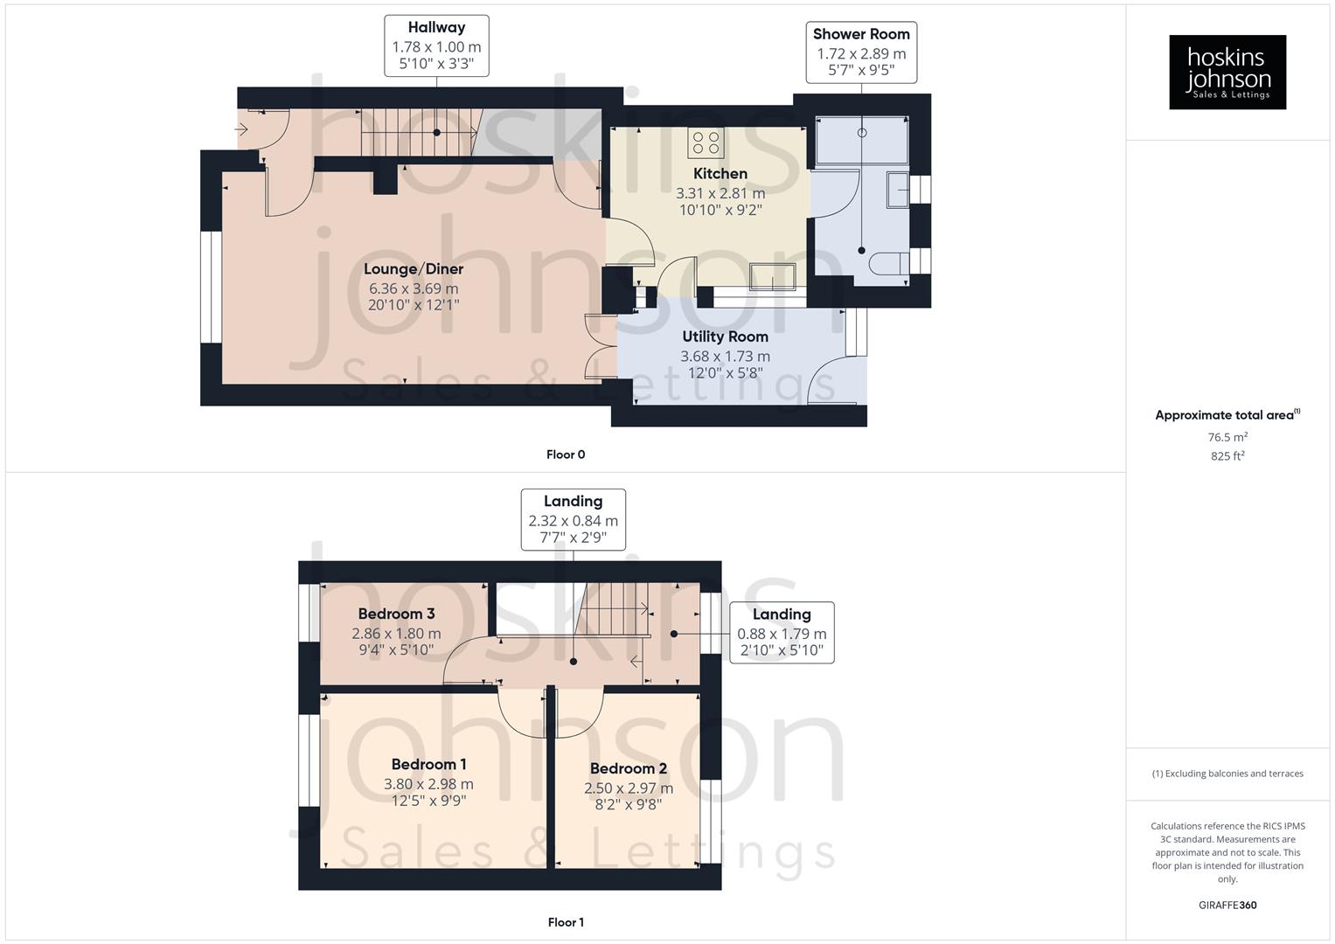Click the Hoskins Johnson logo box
pos(1227,72)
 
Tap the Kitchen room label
pos(720,174)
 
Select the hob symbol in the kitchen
pos(706,142)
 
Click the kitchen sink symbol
pos(773,275)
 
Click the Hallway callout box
pos(436,45)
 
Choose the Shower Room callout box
pos(861,52)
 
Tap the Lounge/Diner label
pos(414,269)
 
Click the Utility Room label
pos(726,337)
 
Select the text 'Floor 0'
pos(566,455)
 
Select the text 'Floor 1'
pos(566,922)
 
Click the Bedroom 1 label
pos(428,765)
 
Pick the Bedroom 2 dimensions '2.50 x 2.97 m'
pos(629,788)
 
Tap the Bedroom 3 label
pos(396,614)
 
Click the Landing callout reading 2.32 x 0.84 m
pos(574,519)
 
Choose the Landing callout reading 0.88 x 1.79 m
pos(782,632)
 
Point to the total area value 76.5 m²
pos(1227,437)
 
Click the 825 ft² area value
pos(1227,456)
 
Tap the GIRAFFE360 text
pos(1227,906)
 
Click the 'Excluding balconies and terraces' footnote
pos(1227,774)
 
